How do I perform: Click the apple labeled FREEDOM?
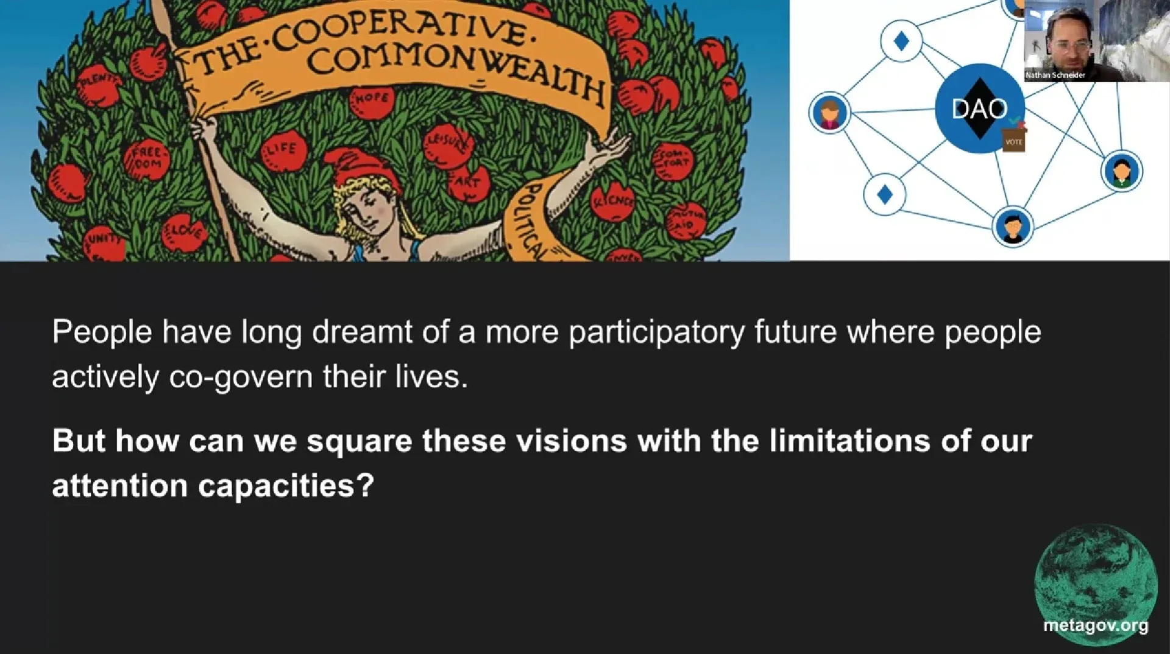147,159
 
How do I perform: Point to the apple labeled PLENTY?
98,86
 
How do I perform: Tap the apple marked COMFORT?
673,161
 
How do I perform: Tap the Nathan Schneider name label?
1055,75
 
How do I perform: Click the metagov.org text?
1096,625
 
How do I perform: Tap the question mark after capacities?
365,486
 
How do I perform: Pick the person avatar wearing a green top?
1122,171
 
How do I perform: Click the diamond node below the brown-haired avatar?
885,195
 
